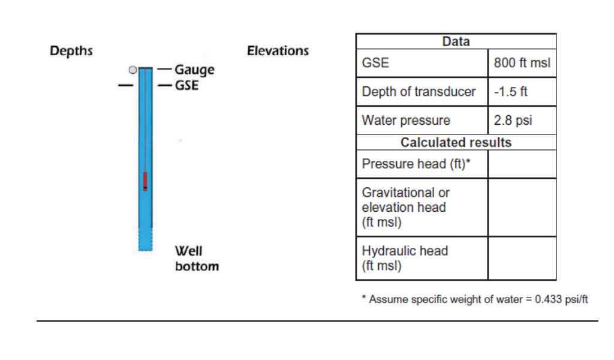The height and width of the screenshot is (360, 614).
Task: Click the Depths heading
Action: click(71, 51)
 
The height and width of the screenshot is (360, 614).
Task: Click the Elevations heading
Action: click(278, 51)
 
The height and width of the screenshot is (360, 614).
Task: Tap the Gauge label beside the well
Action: click(194, 70)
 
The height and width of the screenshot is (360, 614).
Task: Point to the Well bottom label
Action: click(197, 258)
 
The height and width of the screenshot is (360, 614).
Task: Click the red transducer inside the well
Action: click(145, 181)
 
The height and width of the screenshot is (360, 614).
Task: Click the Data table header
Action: click(456, 41)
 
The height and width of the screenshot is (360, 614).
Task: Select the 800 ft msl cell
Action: click(522, 63)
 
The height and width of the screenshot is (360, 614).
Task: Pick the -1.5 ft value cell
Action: click(522, 92)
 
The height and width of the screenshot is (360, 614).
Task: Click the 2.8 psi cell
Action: click(522, 121)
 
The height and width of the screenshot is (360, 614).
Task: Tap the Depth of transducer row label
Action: click(419, 92)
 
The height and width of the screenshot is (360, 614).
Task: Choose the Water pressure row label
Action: click(406, 121)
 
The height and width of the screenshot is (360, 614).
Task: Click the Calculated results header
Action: click(456, 142)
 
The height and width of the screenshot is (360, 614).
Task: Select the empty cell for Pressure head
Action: click(522, 164)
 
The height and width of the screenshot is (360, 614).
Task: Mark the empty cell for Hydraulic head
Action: click(522, 258)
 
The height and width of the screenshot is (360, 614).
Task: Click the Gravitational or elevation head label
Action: click(405, 207)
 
